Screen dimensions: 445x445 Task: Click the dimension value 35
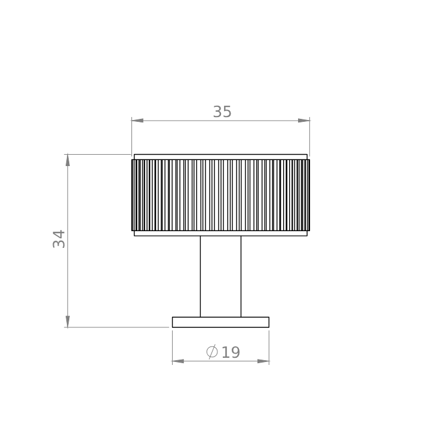pyautogui.click(x=222, y=112)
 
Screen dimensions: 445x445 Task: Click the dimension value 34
pyautogui.click(x=59, y=239)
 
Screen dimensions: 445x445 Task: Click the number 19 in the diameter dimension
pyautogui.click(x=231, y=352)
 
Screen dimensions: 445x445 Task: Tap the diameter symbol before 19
pyautogui.click(x=212, y=352)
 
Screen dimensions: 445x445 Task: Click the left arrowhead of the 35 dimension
pyautogui.click(x=137, y=121)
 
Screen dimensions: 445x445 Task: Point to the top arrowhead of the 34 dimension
pyautogui.click(x=67, y=160)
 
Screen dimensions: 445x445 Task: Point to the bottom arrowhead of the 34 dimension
pyautogui.click(x=67, y=321)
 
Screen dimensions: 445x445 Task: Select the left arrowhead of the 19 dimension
pyautogui.click(x=178, y=361)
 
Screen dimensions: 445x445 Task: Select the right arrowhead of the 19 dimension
pyautogui.click(x=263, y=361)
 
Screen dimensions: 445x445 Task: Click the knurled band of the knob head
pyautogui.click(x=220, y=195)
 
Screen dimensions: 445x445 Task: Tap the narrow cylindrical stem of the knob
pyautogui.click(x=220, y=276)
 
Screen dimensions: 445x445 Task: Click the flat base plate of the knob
pyautogui.click(x=220, y=322)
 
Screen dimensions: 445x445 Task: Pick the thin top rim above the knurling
pyautogui.click(x=220, y=156)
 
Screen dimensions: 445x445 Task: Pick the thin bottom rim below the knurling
pyautogui.click(x=220, y=234)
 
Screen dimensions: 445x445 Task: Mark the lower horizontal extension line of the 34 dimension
pyautogui.click(x=119, y=327)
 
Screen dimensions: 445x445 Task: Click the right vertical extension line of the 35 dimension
pyautogui.click(x=309, y=137)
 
